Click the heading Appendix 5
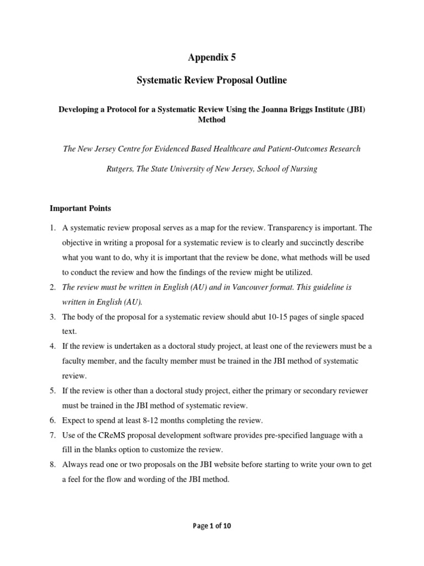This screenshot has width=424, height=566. tap(212, 57)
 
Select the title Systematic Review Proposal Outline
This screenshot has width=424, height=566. tap(212, 81)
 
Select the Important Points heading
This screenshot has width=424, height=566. tap(80, 208)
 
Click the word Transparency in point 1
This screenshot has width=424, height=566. tap(289, 228)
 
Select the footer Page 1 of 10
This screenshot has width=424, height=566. tap(212, 526)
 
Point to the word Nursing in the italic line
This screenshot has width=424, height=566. tap(303, 169)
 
